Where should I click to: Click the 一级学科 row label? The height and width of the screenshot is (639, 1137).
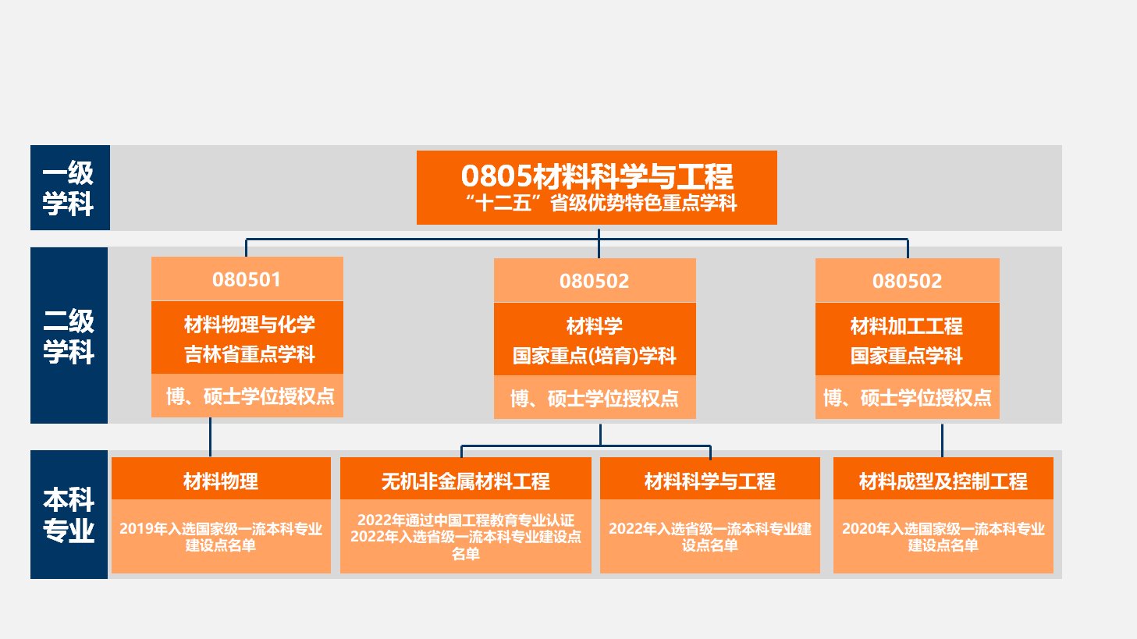(69, 188)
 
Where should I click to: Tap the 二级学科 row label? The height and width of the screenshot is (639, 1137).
(69, 336)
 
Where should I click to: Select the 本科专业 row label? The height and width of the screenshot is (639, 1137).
(69, 514)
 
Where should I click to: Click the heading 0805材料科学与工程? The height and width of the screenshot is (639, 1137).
(597, 176)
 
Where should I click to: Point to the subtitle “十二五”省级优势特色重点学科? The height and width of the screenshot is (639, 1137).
(600, 204)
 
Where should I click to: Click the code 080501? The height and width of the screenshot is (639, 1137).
(247, 279)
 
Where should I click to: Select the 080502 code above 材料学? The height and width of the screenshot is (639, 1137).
(594, 281)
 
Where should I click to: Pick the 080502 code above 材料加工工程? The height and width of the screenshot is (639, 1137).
(907, 281)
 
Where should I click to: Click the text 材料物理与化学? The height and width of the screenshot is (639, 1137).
(250, 325)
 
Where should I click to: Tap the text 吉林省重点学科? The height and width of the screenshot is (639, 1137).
(250, 354)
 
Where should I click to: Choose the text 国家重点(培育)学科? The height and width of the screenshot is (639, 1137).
(594, 356)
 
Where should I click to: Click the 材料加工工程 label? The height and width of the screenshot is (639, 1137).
(907, 326)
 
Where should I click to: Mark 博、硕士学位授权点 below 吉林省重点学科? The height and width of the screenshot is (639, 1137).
(250, 396)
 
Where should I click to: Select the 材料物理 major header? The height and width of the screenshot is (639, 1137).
(221, 481)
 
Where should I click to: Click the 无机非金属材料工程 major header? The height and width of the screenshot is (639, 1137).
(466, 481)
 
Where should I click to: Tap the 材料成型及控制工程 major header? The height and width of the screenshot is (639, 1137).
(943, 481)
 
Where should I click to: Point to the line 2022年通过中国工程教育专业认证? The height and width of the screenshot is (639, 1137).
(466, 520)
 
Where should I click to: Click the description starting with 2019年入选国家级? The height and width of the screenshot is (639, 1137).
(221, 537)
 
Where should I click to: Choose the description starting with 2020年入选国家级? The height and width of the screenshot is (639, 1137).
(943, 537)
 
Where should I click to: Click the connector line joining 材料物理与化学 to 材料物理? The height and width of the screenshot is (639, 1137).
(210, 437)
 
